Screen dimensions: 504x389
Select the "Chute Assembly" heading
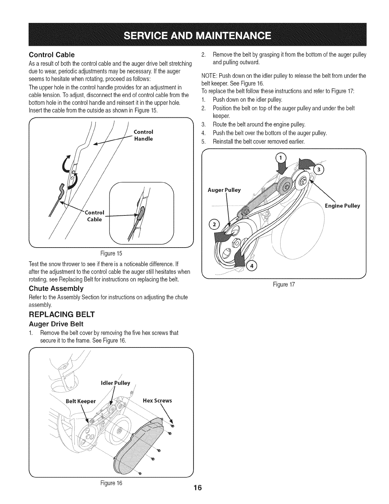[56, 289]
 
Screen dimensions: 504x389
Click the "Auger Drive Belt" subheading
[56, 324]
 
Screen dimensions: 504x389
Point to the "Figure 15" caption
[111, 254]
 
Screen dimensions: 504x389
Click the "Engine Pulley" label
[342, 206]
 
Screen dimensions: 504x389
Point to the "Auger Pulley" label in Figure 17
[224, 190]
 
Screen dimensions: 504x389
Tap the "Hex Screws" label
[158, 401]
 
